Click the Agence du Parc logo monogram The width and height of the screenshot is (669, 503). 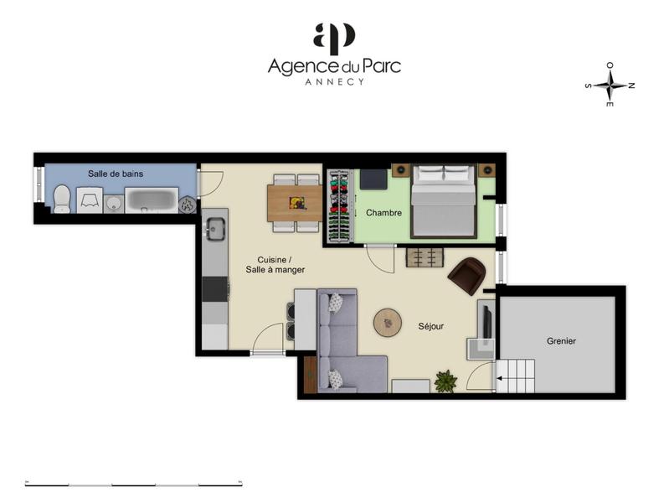coord(333,39)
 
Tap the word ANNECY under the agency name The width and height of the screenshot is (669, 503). coord(334,82)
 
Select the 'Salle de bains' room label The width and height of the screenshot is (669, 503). coord(116,174)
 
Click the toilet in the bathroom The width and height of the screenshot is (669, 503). coord(62,199)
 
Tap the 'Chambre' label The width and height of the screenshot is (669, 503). coord(383,213)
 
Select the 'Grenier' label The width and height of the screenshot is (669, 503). coord(561,341)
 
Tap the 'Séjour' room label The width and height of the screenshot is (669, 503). coord(431,326)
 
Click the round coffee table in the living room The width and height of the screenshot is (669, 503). coord(389,322)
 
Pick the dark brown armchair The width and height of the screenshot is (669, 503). coord(467,275)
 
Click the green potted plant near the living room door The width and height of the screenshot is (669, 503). coord(445,381)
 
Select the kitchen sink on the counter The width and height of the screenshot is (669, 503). coord(215,227)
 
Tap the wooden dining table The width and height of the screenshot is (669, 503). coord(295,203)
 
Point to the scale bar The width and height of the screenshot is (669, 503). coord(134,484)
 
